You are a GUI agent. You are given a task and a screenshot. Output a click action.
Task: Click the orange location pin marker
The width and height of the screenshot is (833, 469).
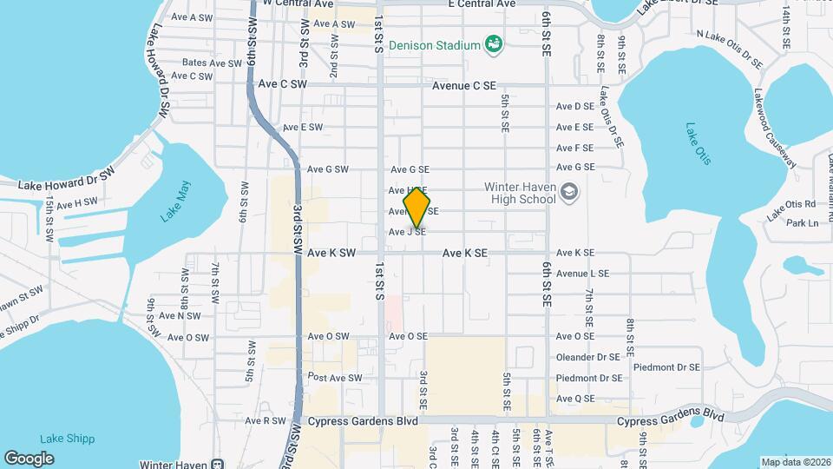tap(417, 208)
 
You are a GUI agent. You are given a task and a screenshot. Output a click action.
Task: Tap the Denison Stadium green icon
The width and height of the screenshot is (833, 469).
tap(494, 43)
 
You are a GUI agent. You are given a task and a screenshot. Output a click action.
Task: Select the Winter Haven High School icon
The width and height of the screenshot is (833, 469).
tap(569, 192)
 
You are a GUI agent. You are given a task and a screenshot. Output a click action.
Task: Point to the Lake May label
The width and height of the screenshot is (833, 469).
tap(174, 201)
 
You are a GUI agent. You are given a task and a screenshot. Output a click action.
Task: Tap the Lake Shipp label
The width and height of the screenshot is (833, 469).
tap(67, 439)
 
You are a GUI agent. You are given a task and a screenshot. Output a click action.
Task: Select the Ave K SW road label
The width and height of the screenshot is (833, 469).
tap(331, 254)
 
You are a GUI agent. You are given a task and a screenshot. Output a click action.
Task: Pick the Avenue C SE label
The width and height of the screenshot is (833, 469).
tap(464, 86)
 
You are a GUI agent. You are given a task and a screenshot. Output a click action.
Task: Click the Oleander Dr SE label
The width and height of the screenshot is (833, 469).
tap(589, 357)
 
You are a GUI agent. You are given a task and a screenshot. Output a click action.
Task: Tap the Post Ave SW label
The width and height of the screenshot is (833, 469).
tap(335, 378)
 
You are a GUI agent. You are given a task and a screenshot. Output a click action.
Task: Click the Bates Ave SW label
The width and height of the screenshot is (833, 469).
tap(213, 63)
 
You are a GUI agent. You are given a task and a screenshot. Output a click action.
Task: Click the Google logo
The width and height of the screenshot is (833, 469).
tap(29, 458)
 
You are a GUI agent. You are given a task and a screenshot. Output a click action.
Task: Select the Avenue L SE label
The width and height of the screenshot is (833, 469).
tap(582, 274)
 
